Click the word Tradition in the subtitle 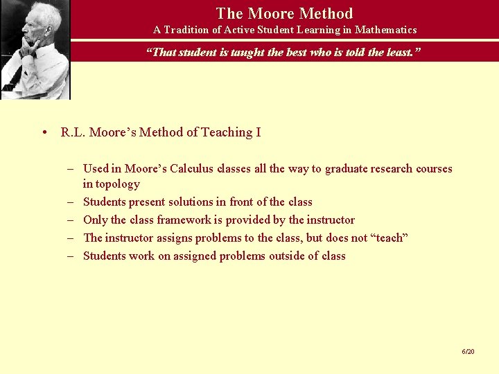click(189, 30)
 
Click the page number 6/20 click(469, 352)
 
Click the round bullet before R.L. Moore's click(44, 132)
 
